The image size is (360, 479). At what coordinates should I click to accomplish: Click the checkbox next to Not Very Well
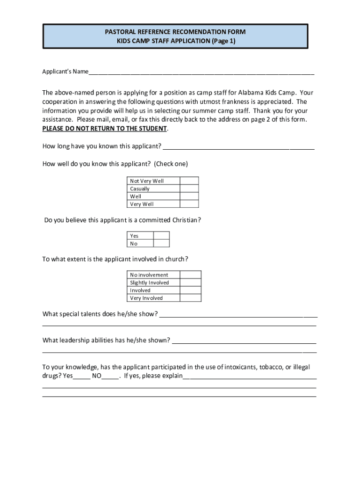click(x=189, y=181)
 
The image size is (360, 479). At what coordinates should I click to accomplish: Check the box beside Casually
click(x=189, y=189)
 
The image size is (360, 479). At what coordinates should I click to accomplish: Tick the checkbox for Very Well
click(x=189, y=204)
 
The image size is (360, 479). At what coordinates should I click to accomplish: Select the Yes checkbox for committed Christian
click(x=161, y=236)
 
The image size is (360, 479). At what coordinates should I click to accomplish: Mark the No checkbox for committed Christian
click(x=161, y=243)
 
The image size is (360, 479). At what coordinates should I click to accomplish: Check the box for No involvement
click(x=191, y=275)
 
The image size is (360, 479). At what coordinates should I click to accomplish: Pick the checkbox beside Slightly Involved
click(x=191, y=283)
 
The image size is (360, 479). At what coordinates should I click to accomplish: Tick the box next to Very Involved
click(x=191, y=298)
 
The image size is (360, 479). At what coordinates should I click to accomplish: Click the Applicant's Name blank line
click(x=201, y=73)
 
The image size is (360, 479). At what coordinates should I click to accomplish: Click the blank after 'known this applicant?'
click(x=238, y=147)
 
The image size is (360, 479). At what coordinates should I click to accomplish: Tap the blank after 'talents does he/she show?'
click(x=238, y=314)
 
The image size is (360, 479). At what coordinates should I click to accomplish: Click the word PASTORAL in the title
click(x=121, y=32)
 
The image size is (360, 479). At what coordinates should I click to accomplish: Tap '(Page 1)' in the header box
click(x=224, y=41)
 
